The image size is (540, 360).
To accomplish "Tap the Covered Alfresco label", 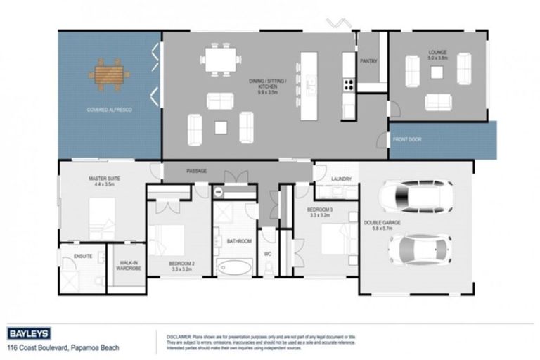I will click(110, 110).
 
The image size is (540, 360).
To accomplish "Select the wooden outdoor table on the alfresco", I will click(110, 72).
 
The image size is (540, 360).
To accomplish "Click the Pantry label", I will click(368, 61).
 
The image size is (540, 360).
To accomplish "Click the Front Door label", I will click(406, 139).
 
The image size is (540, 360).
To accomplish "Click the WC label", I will click(267, 253).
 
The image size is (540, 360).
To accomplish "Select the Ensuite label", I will click(83, 256).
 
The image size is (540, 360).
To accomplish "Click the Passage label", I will click(196, 171).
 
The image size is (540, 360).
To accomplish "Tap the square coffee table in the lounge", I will click(437, 72).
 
